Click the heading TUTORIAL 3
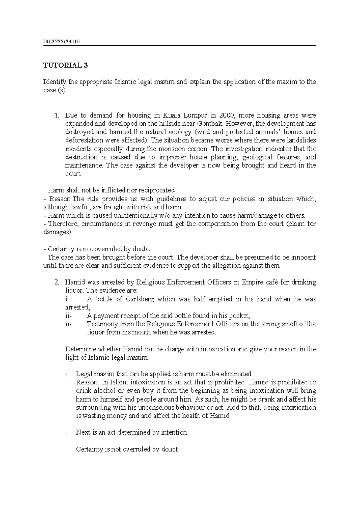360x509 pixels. click(65, 65)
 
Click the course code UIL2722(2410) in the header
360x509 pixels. click(61, 41)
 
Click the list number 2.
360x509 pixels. click(56, 282)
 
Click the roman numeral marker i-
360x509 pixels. click(68, 299)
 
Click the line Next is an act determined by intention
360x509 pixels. click(131, 432)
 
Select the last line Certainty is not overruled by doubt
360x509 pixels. click(127, 449)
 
